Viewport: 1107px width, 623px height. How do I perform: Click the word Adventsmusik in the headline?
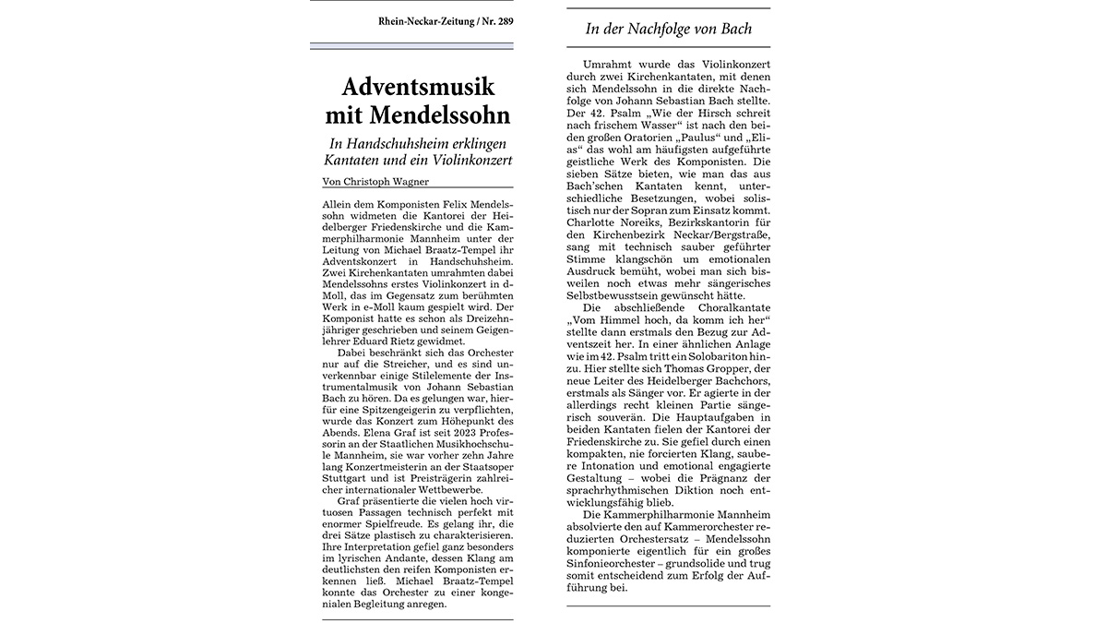coord(418,88)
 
